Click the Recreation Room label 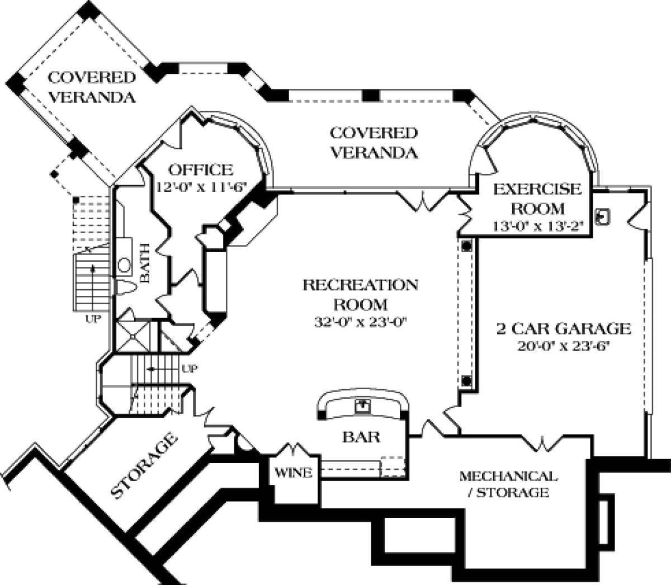360,294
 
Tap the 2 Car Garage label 564,328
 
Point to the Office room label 201,169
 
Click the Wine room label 293,473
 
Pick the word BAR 361,436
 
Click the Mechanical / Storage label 508,484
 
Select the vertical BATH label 144,262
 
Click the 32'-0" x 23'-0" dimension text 360,323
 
